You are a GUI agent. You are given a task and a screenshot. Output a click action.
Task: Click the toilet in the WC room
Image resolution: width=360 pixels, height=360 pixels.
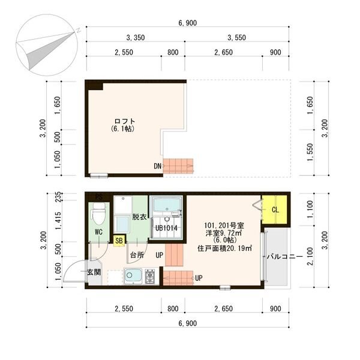(x=99, y=214)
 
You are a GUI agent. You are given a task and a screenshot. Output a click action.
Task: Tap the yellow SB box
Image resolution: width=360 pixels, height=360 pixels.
(x=119, y=241)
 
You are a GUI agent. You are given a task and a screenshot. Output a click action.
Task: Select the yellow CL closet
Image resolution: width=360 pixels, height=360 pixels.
(x=275, y=209)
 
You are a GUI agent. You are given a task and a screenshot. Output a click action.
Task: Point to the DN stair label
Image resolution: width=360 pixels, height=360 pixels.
(x=157, y=166)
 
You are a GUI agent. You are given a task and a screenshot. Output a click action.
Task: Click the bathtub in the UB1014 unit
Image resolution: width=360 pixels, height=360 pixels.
(x=166, y=205)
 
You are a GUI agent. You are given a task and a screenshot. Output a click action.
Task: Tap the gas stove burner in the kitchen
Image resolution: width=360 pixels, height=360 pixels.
(x=150, y=277)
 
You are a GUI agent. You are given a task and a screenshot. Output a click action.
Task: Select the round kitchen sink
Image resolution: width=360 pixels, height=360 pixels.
(x=129, y=275)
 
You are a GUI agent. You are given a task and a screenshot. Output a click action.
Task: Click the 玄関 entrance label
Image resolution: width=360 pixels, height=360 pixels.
(x=94, y=272)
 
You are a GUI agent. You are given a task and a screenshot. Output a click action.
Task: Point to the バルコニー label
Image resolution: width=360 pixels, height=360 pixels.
(x=284, y=256)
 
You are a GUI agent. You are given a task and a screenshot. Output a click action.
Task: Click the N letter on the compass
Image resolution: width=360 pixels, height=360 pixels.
(x=79, y=31)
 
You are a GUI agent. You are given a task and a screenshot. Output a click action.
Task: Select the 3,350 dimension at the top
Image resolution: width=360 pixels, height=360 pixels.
(x=136, y=38)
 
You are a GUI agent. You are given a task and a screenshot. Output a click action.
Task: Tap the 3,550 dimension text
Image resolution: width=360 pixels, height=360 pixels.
(x=236, y=38)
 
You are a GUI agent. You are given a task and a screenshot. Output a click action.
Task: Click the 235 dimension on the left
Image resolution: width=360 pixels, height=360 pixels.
(x=58, y=197)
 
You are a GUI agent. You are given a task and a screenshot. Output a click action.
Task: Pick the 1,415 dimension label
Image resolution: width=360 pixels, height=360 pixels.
(x=58, y=221)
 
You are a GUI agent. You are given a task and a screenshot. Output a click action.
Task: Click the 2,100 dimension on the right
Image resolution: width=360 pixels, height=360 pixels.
(x=310, y=256)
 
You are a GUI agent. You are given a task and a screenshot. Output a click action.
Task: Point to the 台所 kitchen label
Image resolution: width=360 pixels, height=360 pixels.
(x=137, y=255)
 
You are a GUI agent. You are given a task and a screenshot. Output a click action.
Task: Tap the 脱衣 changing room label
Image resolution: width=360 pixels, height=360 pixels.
(x=139, y=217)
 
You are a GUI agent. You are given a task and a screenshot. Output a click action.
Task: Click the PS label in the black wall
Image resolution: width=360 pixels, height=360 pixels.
(x=99, y=197)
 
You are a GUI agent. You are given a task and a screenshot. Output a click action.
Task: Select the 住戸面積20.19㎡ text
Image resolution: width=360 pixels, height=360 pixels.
(x=225, y=248)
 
